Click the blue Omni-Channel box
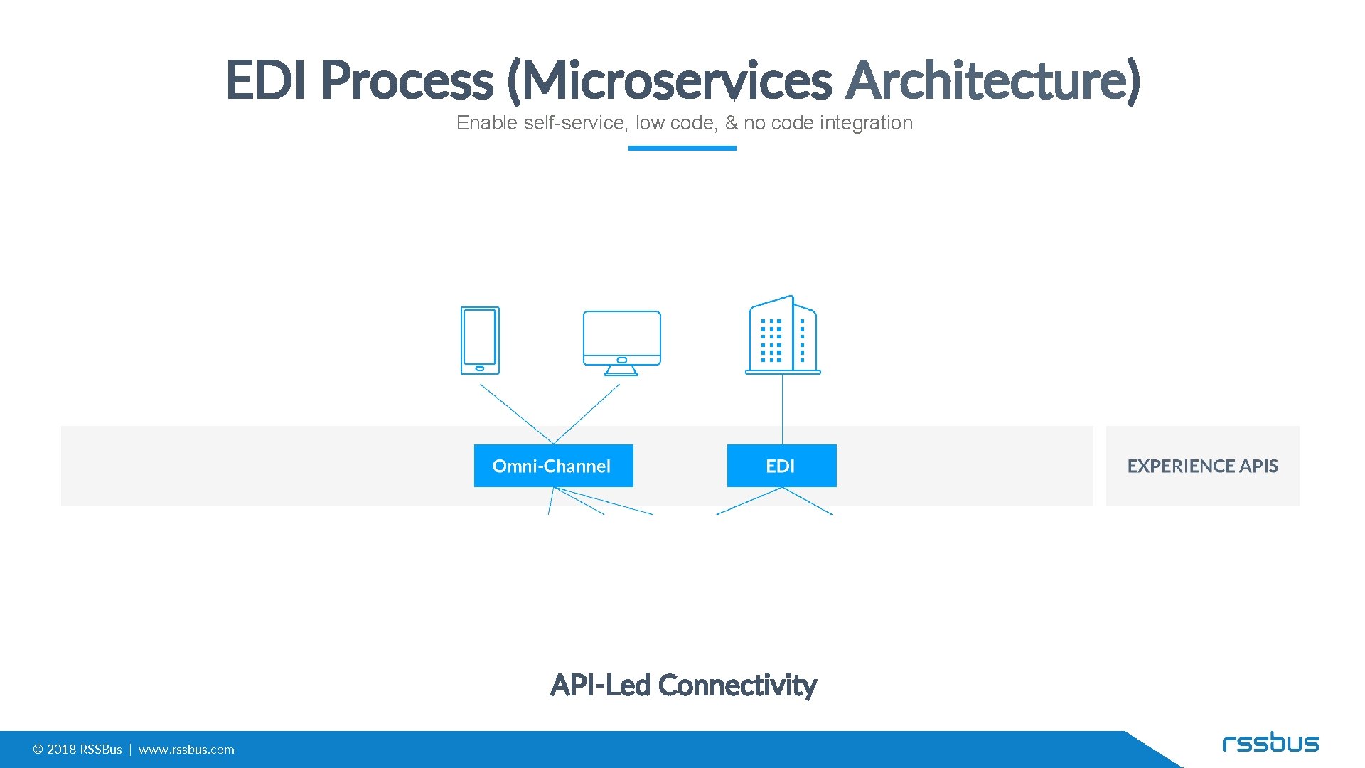point(553,466)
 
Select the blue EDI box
point(781,466)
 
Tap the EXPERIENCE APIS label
point(1202,466)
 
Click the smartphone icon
point(480,341)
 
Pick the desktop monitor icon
point(621,342)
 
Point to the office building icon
point(782,335)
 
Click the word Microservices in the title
point(675,80)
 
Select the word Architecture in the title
point(992,80)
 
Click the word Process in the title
point(407,80)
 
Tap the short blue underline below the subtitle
point(682,148)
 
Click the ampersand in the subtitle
point(731,123)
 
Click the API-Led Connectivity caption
point(683,686)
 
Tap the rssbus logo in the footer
point(1270,743)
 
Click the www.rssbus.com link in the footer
point(186,750)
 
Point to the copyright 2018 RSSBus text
point(77,750)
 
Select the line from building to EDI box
point(782,409)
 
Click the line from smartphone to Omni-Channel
point(516,414)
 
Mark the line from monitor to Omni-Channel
point(587,414)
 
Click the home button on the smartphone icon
point(480,368)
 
